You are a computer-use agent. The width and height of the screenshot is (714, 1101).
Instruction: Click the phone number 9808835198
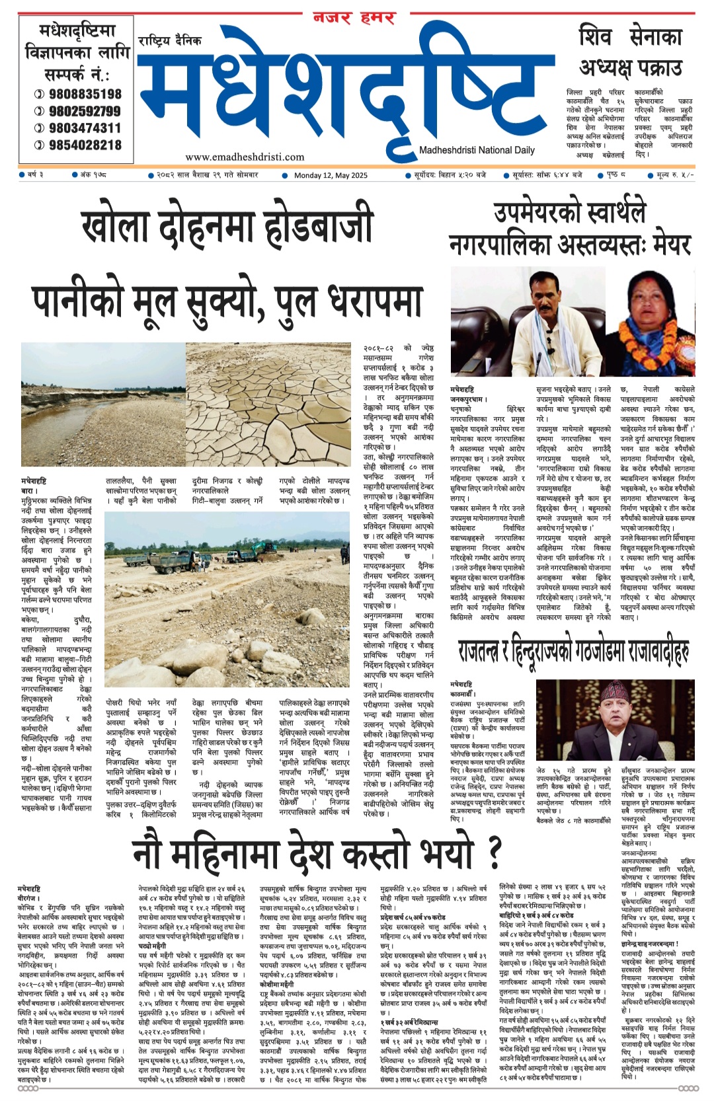point(78,95)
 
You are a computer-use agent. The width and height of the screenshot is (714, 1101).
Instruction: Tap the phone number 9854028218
point(78,145)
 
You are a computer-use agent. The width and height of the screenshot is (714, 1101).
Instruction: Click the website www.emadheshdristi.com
point(245,157)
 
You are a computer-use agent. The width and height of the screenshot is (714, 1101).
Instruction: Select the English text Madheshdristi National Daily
point(477,150)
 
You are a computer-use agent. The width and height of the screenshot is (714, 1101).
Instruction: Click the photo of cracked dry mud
point(268,394)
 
